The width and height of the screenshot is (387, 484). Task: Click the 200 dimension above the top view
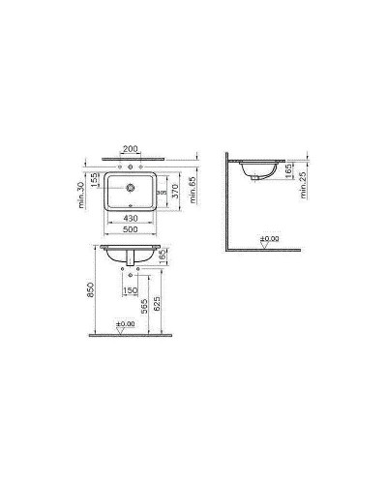[x=129, y=151]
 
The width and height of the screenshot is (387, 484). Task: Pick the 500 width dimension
[x=129, y=232]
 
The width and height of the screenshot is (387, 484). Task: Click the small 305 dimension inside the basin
[x=163, y=194]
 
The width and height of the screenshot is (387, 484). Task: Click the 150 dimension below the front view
[x=129, y=290]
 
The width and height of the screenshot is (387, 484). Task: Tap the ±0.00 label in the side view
[x=271, y=236]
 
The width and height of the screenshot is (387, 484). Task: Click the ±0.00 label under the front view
[x=126, y=323]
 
